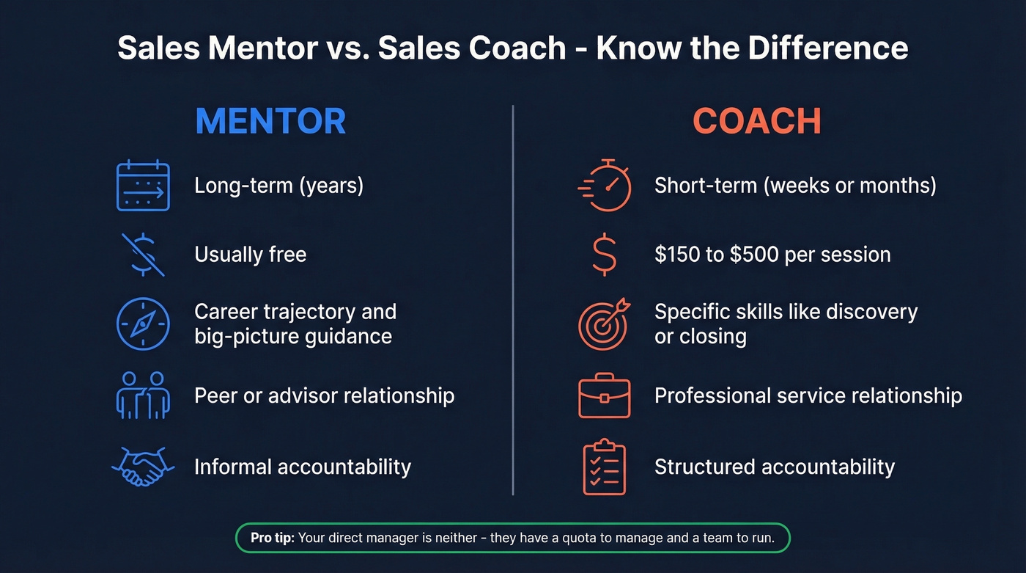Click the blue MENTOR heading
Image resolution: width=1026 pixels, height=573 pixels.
tap(270, 122)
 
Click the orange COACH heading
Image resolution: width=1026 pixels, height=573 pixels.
tap(756, 122)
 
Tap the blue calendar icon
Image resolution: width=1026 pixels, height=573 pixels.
tap(143, 186)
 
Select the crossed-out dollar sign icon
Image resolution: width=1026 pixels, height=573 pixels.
tap(143, 254)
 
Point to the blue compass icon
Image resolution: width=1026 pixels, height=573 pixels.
tap(143, 324)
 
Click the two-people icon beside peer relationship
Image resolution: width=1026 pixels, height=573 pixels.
tap(143, 395)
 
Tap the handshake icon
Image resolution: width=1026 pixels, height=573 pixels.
tap(143, 467)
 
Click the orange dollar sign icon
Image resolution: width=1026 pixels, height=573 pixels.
tap(605, 255)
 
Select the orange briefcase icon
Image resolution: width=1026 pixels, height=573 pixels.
tap(605, 395)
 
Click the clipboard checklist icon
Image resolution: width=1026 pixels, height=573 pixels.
tap(605, 467)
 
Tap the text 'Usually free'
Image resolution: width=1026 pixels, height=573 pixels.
tap(250, 255)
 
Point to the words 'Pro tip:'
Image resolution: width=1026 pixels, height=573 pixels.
tap(273, 538)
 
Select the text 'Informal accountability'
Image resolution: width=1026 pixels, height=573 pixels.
tap(302, 467)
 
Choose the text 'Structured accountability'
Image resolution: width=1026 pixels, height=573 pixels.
tap(774, 467)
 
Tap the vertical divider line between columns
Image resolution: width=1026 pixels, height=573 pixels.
tap(513, 301)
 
